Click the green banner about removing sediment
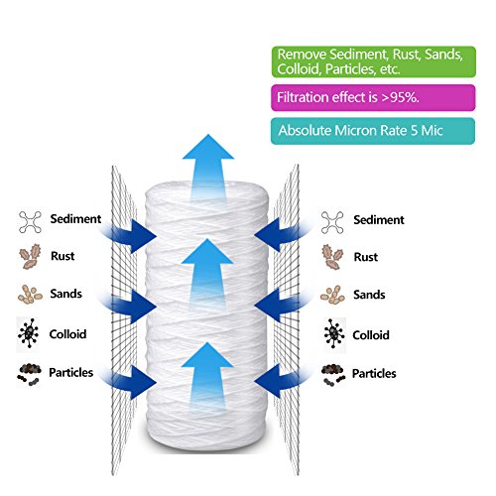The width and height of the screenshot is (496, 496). coord(374,62)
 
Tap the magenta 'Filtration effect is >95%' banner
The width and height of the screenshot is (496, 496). coord(373,97)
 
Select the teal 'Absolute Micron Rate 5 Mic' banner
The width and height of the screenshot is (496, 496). coord(373,131)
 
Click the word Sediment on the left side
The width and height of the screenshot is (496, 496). coord(75,219)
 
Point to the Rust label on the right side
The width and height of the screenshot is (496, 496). coord(366,257)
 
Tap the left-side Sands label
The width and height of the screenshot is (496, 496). coord(66,294)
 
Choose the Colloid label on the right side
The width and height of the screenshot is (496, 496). coord(371,335)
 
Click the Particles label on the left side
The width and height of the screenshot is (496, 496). coord(71,373)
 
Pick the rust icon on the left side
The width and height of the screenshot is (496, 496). coord(30,256)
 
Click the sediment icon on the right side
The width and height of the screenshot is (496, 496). coord(332,222)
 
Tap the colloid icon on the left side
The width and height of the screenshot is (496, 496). coord(29,333)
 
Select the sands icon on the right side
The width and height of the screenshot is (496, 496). coord(332,295)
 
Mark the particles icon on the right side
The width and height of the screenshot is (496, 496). coord(333,374)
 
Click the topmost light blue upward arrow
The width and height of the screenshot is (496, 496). coord(208,169)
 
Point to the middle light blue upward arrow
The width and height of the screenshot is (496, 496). coord(207,273)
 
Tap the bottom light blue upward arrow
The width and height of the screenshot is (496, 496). coord(207,377)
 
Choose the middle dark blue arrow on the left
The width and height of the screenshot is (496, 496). coord(131,306)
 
